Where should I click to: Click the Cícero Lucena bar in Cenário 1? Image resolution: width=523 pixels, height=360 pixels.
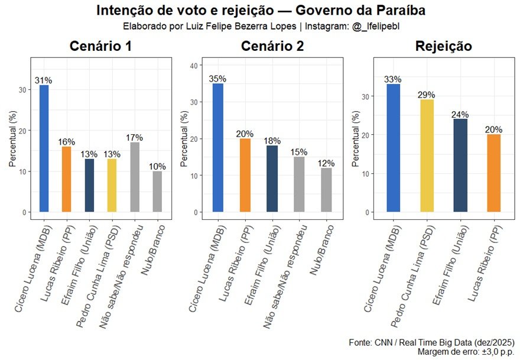[x=44, y=148]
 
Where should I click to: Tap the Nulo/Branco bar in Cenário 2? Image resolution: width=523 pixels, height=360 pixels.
[x=327, y=190]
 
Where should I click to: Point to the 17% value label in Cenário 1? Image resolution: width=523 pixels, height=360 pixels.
[x=135, y=138]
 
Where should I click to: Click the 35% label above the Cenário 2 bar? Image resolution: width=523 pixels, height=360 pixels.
[x=218, y=79]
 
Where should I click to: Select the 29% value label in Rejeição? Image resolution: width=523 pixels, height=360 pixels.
[x=425, y=95]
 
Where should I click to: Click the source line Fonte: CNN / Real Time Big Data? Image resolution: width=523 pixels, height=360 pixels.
[x=431, y=343]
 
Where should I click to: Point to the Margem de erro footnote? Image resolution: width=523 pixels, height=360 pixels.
[x=466, y=352]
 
